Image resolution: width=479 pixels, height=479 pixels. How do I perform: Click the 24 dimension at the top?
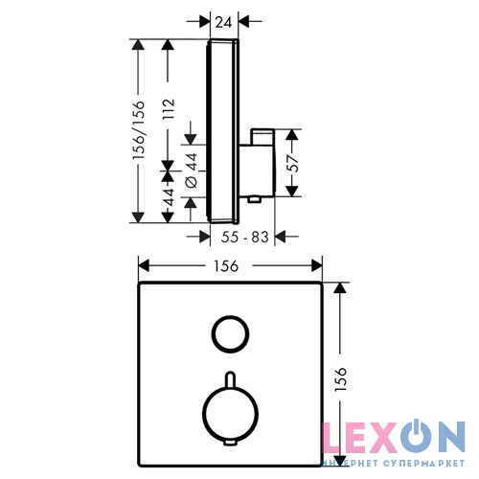pos(224,22)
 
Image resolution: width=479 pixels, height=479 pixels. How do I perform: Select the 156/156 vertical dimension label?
pos(139,130)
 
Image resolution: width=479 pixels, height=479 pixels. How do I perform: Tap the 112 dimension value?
pos(169,109)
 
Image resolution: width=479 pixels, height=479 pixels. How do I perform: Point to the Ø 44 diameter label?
pos(192,171)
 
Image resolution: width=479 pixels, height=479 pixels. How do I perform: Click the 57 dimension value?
pos(293,163)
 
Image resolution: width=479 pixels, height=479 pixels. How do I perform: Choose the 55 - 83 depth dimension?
pos(245,237)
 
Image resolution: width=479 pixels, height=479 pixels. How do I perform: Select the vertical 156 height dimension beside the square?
pos(341,379)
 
